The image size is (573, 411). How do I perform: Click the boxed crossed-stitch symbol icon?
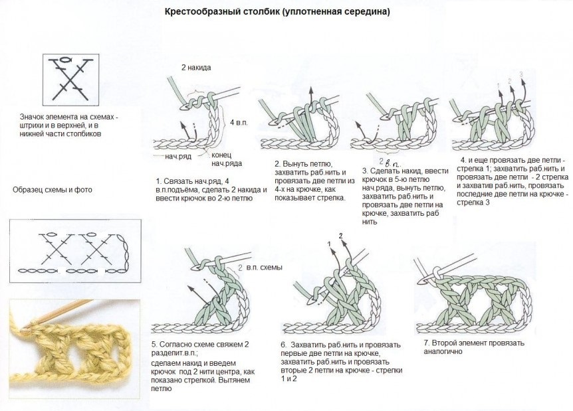click(x=68, y=78)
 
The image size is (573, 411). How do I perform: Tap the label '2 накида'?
click(x=197, y=68)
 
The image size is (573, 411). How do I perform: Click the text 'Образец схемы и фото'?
click(x=53, y=190)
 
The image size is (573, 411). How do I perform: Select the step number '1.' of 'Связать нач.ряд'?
click(x=158, y=181)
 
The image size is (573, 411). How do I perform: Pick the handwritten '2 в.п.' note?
click(x=388, y=161)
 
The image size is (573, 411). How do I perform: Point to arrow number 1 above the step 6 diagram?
click(x=328, y=244)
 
